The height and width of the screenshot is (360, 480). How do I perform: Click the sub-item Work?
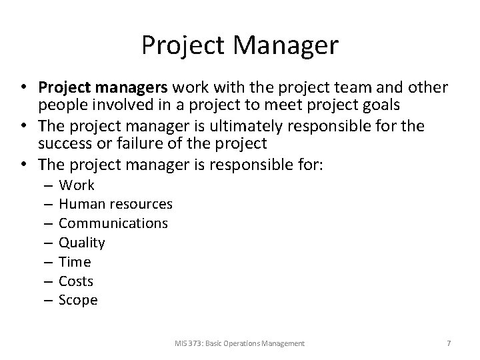[x=77, y=185]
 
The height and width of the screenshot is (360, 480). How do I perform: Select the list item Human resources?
[x=115, y=204]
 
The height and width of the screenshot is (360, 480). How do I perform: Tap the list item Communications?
[x=113, y=223]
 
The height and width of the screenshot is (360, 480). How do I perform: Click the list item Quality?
[x=82, y=243]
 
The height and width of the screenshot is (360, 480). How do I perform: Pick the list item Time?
[x=75, y=262]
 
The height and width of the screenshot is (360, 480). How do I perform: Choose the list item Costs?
[x=76, y=281]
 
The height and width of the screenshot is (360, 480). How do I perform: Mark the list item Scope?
[x=78, y=300]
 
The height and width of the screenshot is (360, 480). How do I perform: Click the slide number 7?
[x=449, y=343]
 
